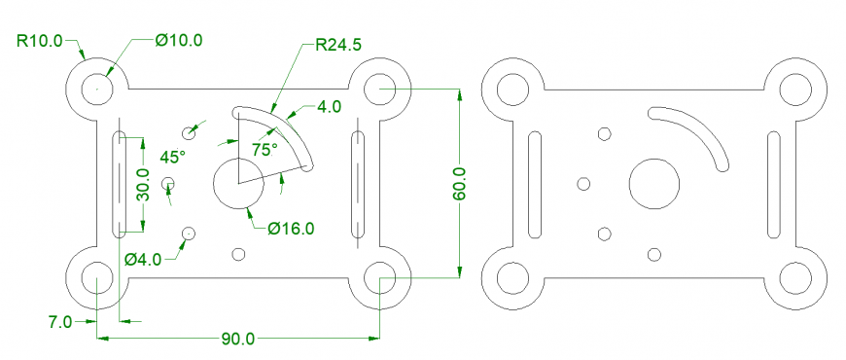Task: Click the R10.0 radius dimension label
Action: tap(39, 41)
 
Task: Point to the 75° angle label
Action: tap(264, 149)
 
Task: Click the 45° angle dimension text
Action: tap(172, 157)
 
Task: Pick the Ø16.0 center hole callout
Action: tap(292, 229)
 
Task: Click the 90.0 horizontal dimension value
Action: tap(237, 339)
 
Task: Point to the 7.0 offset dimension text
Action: tap(60, 320)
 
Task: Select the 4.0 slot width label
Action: tap(330, 107)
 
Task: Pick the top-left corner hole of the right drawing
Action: tap(512, 90)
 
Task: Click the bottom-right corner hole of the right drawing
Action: tap(794, 278)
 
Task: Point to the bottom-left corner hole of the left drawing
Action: tap(96, 278)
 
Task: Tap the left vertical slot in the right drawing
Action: tap(534, 184)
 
